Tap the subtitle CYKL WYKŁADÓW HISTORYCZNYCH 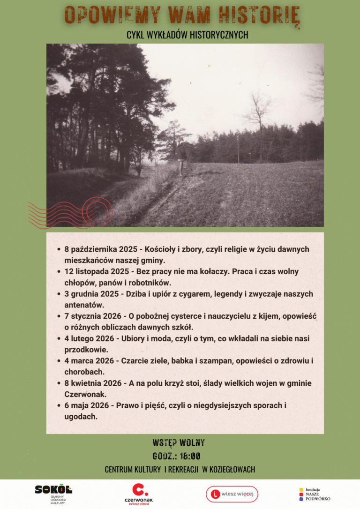[x=187, y=35]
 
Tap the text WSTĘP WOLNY [x=179, y=443]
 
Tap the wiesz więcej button [x=232, y=494]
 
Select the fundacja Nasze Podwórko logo [x=315, y=494]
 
